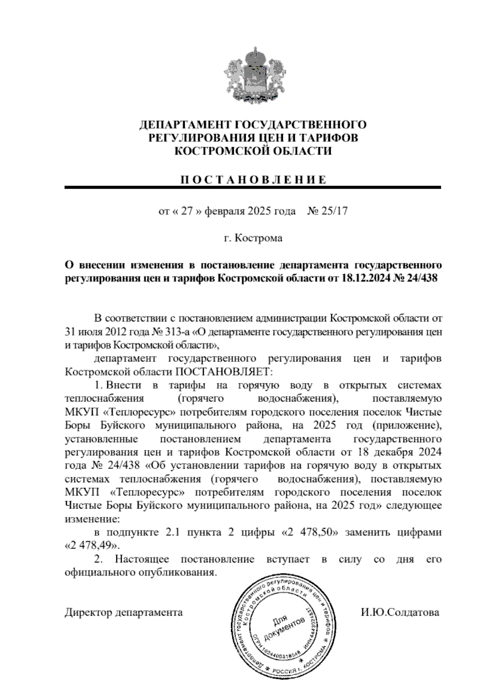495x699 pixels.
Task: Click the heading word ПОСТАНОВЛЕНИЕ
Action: click(x=253, y=180)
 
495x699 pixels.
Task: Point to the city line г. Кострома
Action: click(x=253, y=238)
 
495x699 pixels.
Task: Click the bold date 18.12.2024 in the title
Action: click(x=365, y=278)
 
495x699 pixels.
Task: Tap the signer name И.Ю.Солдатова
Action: click(x=399, y=612)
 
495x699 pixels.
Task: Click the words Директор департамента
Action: click(x=124, y=612)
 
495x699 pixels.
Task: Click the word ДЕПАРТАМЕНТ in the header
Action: click(x=185, y=124)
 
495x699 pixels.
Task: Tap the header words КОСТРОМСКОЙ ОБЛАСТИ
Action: click(x=253, y=151)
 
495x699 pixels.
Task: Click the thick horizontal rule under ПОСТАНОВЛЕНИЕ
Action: click(x=253, y=188)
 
